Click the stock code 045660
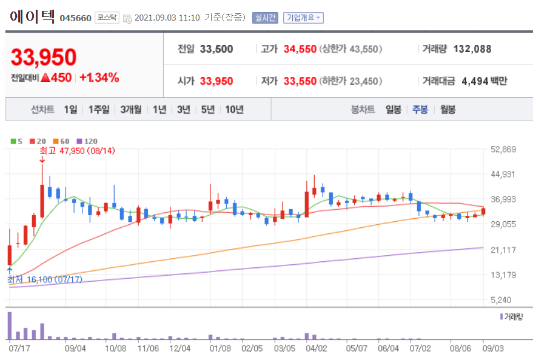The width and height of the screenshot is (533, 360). click(x=75, y=18)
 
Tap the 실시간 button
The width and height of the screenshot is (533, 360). click(x=265, y=18)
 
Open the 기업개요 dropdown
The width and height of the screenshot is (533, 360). click(x=303, y=18)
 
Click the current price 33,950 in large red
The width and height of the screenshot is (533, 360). click(x=44, y=58)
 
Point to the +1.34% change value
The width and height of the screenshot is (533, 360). click(x=99, y=78)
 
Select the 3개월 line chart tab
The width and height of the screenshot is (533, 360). click(x=130, y=110)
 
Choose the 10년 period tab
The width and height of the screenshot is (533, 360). click(x=234, y=110)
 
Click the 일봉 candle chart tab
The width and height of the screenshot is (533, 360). click(x=393, y=110)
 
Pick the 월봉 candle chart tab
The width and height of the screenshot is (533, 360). click(x=448, y=110)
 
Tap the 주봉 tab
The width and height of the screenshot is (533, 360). click(x=420, y=110)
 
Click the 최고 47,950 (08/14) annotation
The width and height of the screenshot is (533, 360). click(x=77, y=150)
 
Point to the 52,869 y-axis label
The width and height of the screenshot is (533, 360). click(x=502, y=149)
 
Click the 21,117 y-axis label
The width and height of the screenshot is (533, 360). click(x=502, y=250)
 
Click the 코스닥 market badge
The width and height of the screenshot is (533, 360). click(x=107, y=18)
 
